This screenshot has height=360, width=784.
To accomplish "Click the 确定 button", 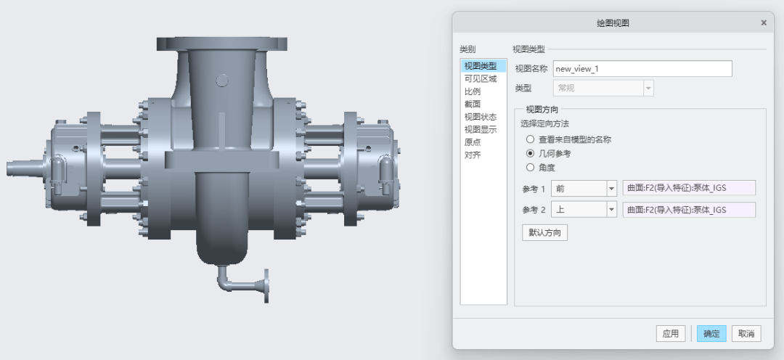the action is click(x=711, y=333).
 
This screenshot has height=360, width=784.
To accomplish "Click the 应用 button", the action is click(x=671, y=333).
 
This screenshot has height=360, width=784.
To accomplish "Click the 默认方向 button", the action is click(x=544, y=233).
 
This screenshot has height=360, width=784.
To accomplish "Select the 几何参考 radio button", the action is click(x=530, y=153).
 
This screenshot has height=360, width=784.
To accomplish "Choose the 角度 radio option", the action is click(x=530, y=168).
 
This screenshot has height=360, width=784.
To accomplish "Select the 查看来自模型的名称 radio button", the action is click(x=530, y=139).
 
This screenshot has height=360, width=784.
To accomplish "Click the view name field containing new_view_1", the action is click(x=642, y=68).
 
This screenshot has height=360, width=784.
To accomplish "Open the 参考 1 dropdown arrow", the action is click(x=611, y=189).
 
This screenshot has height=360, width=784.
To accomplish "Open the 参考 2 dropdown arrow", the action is click(x=611, y=210).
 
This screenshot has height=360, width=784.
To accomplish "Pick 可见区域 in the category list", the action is click(x=481, y=79).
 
